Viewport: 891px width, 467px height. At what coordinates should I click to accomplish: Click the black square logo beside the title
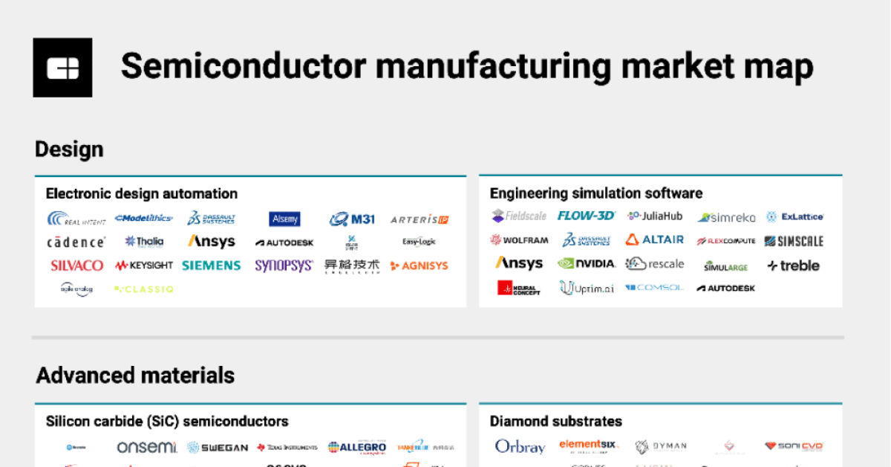point(62,68)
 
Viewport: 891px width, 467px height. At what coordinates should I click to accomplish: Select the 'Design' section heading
point(69,149)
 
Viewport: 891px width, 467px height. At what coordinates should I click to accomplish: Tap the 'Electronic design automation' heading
point(142,194)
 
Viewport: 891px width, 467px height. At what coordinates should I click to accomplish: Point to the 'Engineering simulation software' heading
point(595,194)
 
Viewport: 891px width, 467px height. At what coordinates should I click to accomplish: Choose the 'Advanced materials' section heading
point(135,376)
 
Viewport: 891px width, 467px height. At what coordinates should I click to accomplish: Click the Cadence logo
point(76,242)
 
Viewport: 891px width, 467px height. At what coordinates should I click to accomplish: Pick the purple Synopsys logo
point(284,265)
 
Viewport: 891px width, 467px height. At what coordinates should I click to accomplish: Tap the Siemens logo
point(212,265)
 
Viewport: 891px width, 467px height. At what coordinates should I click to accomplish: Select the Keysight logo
point(144,265)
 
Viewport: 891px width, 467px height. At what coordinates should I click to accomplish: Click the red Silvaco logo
point(76,265)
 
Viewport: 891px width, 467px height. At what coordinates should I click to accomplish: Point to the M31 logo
point(353,219)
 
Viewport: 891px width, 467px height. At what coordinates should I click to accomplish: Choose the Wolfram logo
point(519,240)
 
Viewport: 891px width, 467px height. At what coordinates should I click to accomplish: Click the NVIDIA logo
point(586,263)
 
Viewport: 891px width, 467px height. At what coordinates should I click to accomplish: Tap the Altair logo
point(654,239)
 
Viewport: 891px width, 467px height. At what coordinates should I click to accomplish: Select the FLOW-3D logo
point(586,216)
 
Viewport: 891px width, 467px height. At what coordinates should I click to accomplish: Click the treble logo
point(794,265)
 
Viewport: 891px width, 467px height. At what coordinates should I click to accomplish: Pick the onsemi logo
point(146,447)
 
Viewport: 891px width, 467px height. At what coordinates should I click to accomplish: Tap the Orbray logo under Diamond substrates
point(520,447)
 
